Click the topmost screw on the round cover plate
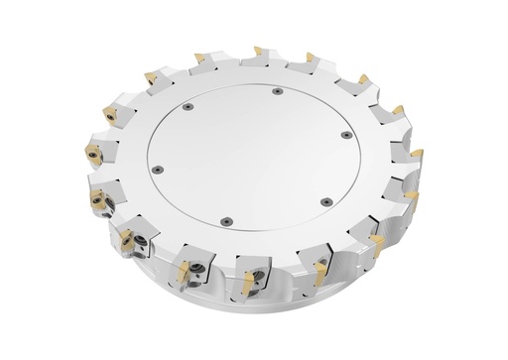click(x=278, y=91)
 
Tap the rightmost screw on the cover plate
click(x=346, y=135)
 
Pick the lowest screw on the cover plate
click(x=226, y=221)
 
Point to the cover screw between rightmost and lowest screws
click(x=326, y=201)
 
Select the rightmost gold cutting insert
click(x=417, y=153)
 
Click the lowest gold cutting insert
click(x=240, y=284)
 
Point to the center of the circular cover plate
click(x=251, y=156)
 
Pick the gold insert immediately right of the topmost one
click(x=311, y=57)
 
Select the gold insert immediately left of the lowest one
click(x=183, y=269)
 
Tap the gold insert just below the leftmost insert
click(x=99, y=199)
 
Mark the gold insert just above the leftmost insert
click(x=106, y=113)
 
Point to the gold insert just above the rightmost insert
click(x=398, y=110)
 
